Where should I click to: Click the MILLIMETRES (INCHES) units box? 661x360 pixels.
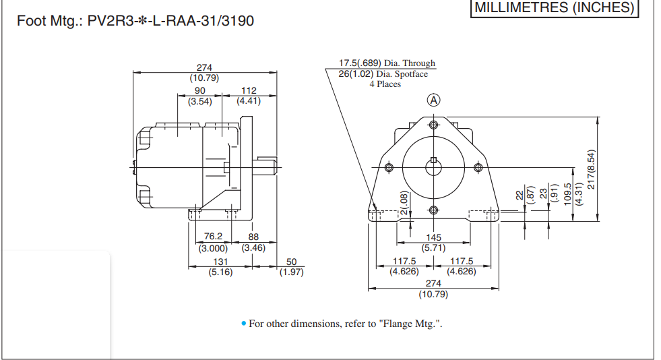point(554,8)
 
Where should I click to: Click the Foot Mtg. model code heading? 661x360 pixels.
point(135,21)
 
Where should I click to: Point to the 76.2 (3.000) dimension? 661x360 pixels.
point(213,242)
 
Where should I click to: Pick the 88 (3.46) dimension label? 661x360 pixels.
point(253,242)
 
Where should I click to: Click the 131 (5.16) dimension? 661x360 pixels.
point(220,266)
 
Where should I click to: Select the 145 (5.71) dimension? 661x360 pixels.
point(433,242)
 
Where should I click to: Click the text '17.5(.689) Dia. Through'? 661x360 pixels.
point(387,63)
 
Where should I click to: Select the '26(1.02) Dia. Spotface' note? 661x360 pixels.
point(383,74)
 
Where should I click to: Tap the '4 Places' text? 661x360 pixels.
point(385,84)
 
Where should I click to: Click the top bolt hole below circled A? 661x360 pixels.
point(433,125)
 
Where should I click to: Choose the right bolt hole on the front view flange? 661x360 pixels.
point(478,167)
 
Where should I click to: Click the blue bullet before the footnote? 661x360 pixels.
point(244,324)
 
